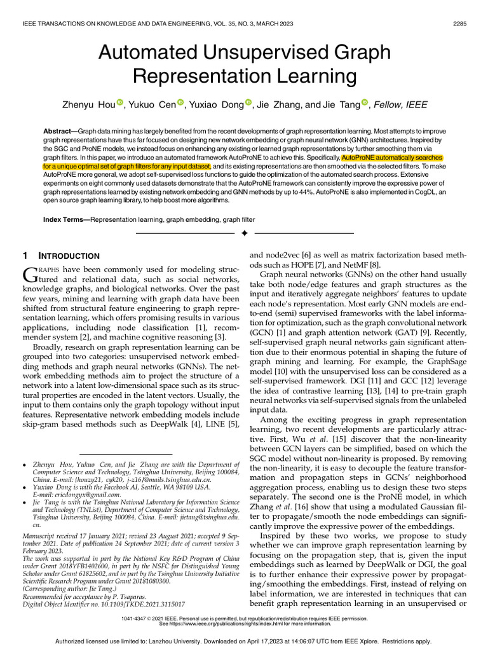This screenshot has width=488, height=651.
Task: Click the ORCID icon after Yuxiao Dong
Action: [x=248, y=102]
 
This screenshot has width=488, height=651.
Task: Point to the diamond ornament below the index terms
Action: [x=243, y=234]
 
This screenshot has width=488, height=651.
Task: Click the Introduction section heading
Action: [x=70, y=256]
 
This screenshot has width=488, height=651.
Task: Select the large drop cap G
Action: [x=30, y=275]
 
